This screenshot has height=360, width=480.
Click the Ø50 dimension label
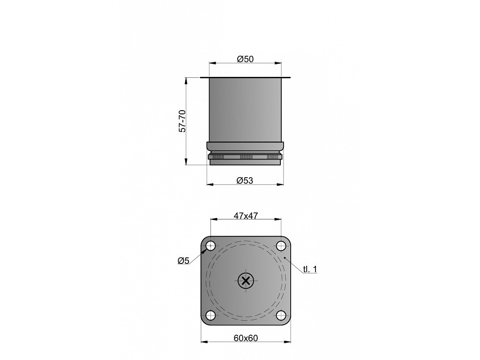pos(245,59)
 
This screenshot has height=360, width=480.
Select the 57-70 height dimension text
pos(182,120)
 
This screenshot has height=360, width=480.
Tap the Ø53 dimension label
pos(245,180)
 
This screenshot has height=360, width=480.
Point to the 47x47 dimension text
pos(246,216)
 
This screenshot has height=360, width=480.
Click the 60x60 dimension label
pos(246,338)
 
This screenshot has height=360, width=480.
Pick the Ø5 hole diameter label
pos(184,261)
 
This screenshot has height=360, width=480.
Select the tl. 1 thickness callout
pos(310,269)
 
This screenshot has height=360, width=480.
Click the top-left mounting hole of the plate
pos(210,245)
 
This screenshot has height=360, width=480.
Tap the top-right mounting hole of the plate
pos(281,245)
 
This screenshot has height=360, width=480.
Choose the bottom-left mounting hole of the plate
pos(210,315)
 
